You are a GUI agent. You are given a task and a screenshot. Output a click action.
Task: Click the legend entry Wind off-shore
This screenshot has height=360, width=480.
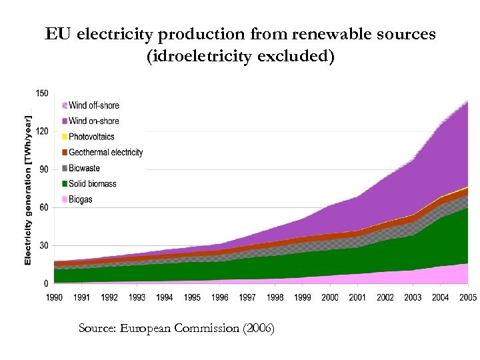click(x=94, y=105)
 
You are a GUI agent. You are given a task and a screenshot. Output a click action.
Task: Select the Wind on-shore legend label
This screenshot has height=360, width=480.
click(x=94, y=121)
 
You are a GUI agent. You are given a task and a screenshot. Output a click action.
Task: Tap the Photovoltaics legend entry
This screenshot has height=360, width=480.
click(x=92, y=137)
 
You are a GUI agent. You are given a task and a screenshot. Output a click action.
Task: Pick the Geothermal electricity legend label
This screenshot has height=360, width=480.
click(x=106, y=152)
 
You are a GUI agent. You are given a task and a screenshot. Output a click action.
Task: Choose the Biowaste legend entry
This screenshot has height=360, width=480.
click(x=85, y=168)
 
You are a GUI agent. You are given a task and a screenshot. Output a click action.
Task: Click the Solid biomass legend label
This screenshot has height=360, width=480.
click(x=93, y=183)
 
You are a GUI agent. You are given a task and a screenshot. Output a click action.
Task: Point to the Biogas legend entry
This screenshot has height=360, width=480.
click(x=81, y=199)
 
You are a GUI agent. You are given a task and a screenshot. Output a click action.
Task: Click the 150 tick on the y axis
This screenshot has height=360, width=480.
click(x=42, y=93)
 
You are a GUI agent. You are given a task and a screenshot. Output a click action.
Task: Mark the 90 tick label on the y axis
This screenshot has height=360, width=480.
click(x=44, y=169)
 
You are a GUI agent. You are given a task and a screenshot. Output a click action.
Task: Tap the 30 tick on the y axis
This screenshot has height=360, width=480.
click(x=44, y=246)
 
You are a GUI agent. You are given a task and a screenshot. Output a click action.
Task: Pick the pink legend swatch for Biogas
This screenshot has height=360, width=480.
click(x=65, y=199)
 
